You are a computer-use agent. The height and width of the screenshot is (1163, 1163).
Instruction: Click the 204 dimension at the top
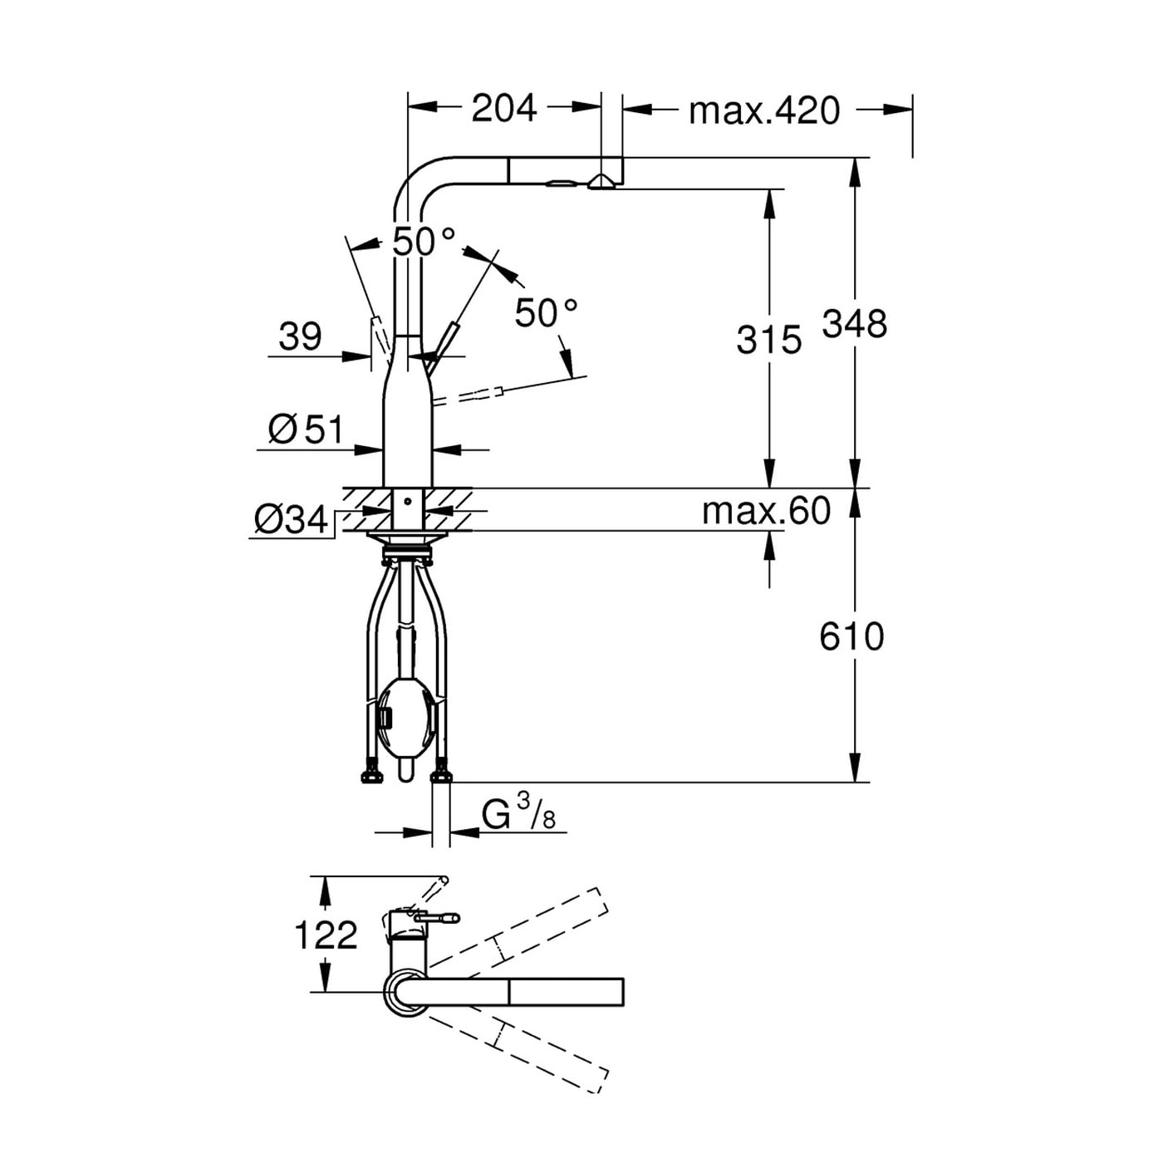point(504,109)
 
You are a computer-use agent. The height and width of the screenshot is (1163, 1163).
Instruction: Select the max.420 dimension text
point(764,110)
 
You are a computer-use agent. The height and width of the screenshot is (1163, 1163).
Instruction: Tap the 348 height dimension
point(855,323)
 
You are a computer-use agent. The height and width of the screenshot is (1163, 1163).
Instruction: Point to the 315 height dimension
point(768,339)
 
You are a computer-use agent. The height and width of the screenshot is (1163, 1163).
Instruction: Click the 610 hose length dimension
point(851,636)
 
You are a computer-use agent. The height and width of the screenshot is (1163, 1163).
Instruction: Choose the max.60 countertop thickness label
point(766,511)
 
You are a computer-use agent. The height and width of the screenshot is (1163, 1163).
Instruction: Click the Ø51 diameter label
point(306,429)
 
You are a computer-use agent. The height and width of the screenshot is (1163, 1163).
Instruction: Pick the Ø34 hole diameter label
point(291,520)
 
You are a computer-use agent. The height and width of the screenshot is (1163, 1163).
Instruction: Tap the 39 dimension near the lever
point(300,336)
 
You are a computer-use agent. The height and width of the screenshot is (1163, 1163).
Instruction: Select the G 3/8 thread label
point(518,813)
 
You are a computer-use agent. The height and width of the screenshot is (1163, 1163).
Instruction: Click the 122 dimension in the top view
point(326,935)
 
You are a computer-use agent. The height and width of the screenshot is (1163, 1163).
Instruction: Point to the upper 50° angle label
point(424,242)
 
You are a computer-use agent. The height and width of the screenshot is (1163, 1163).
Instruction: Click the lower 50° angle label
point(546,312)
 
